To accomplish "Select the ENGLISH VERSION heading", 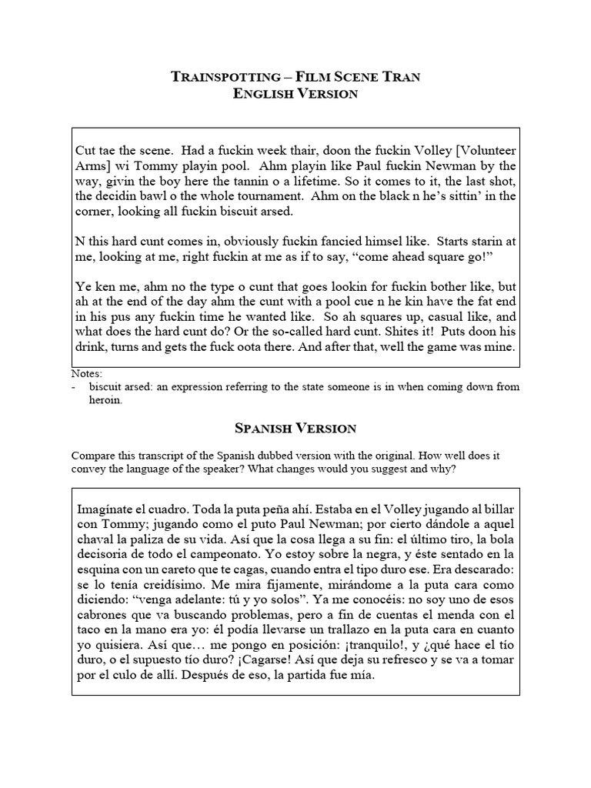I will tap(295, 94).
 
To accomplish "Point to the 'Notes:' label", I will tap(85, 374).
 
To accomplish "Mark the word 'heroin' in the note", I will tap(105, 401).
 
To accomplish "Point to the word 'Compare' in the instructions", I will tap(92, 453).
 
